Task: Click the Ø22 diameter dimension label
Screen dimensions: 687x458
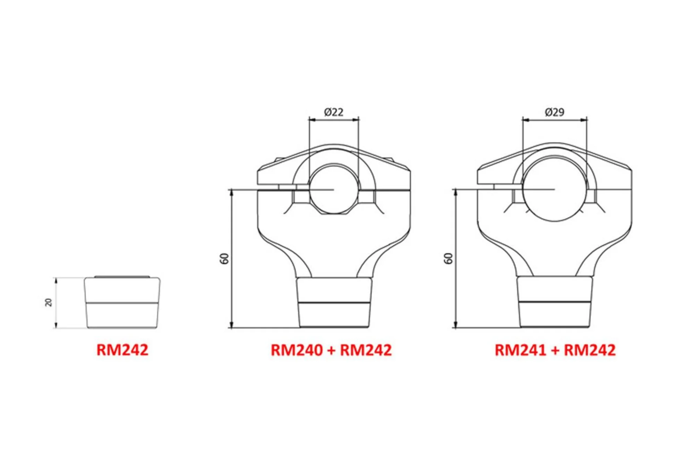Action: [x=333, y=112]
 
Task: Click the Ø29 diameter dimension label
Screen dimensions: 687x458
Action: [x=554, y=112]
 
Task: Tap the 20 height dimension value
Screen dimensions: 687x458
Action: [x=49, y=302]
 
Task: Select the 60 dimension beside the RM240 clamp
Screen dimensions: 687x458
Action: [x=225, y=259]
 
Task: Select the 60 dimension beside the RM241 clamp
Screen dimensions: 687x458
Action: [x=448, y=259]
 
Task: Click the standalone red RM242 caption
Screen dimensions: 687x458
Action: [x=122, y=350]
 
